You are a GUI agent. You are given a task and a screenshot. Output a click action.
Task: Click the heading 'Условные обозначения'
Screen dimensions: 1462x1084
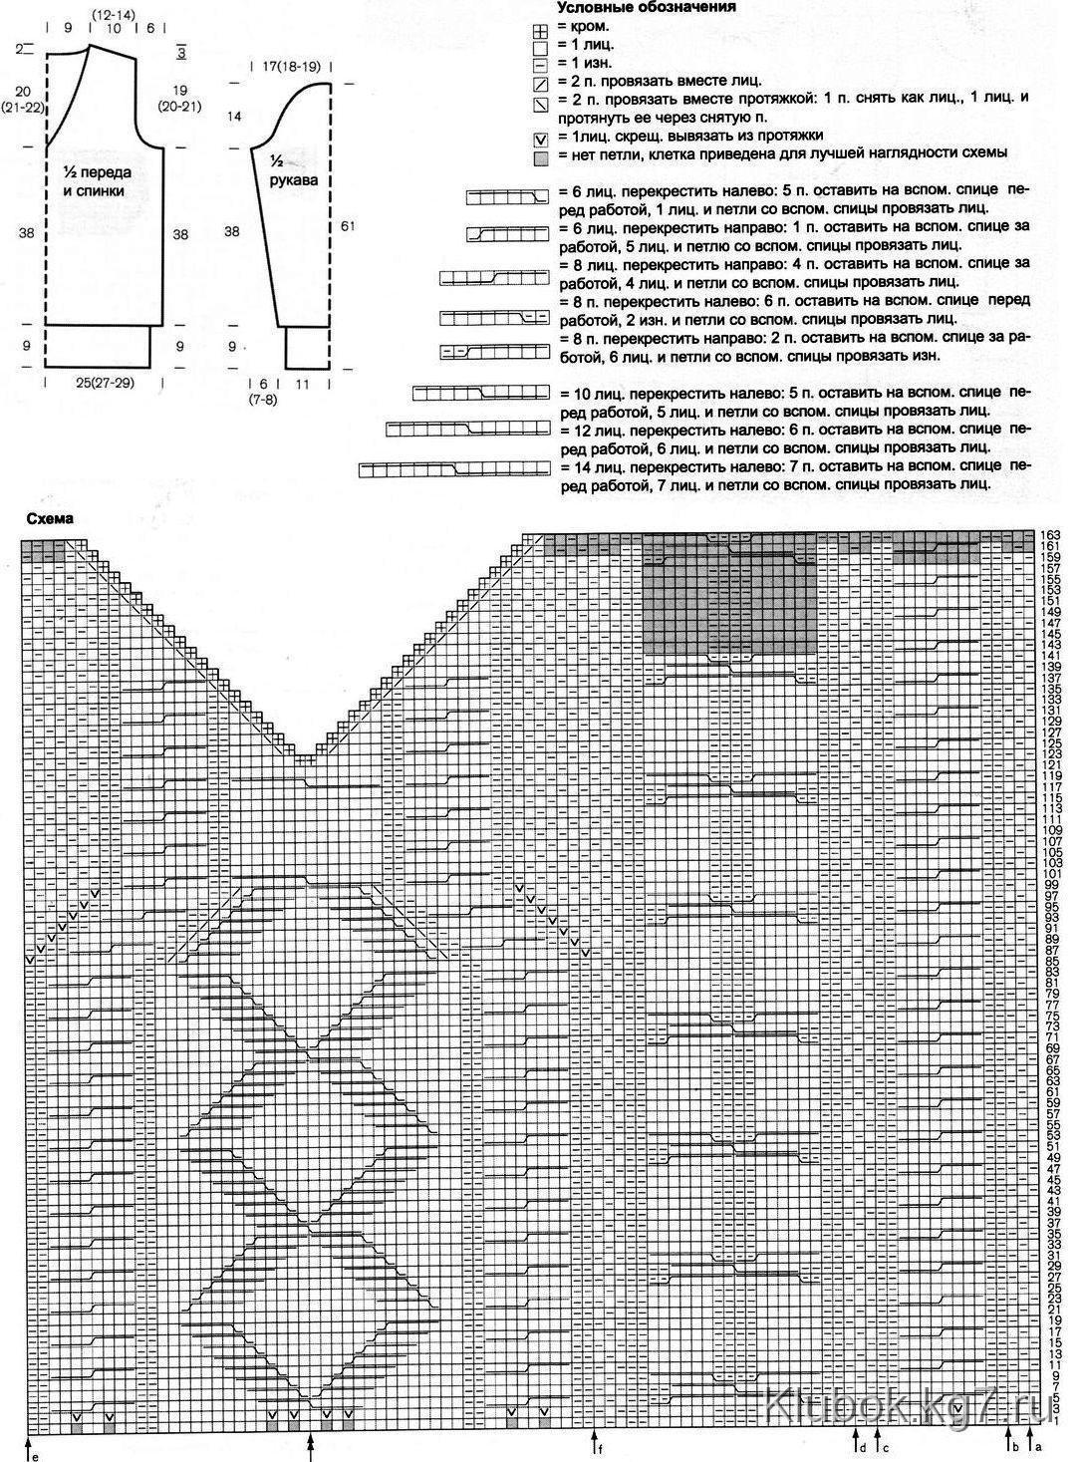pos(646,7)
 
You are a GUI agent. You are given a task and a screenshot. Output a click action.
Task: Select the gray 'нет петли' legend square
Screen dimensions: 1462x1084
pos(541,155)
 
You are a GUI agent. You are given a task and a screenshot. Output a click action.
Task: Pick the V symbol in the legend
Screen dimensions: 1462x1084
pos(541,138)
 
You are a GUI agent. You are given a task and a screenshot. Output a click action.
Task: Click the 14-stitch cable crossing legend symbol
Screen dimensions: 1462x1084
pos(454,467)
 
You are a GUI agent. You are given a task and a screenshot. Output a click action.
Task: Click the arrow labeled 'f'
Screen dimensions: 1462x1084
pos(595,1441)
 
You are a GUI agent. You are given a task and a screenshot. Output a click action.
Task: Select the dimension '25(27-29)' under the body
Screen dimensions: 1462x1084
pos(96,383)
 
